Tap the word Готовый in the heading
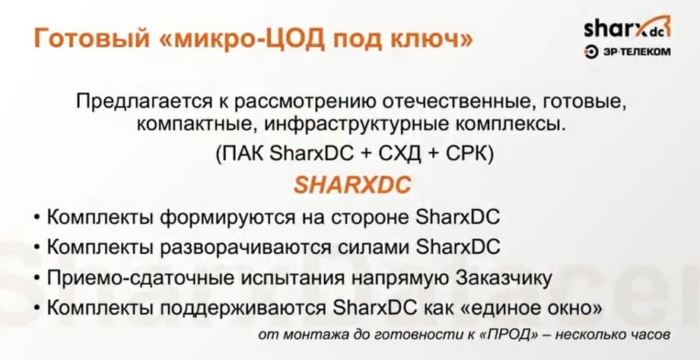(91, 39)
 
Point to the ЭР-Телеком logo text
(628, 52)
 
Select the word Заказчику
(503, 278)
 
